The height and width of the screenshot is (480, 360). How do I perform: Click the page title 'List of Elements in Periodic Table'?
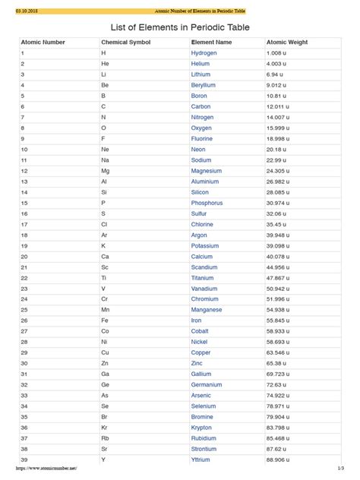pos(179,28)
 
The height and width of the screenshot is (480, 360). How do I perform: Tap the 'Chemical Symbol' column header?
pos(125,43)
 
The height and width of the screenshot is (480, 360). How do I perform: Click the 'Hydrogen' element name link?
pos(204,54)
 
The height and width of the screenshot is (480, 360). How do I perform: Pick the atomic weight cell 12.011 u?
pos(279,107)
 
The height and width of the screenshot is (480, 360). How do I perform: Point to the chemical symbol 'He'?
pos(104,65)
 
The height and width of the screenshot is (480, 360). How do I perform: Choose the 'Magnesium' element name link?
pos(207,171)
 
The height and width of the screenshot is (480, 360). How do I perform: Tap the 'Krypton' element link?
pos(202,428)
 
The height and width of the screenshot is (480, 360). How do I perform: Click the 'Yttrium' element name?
pos(201,459)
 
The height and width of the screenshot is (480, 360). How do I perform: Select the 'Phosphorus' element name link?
pos(207,204)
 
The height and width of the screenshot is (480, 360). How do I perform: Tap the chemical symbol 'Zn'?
pos(104,364)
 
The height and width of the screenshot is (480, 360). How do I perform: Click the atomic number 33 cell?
pos(24,396)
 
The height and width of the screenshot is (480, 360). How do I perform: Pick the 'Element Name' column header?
pos(211,43)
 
